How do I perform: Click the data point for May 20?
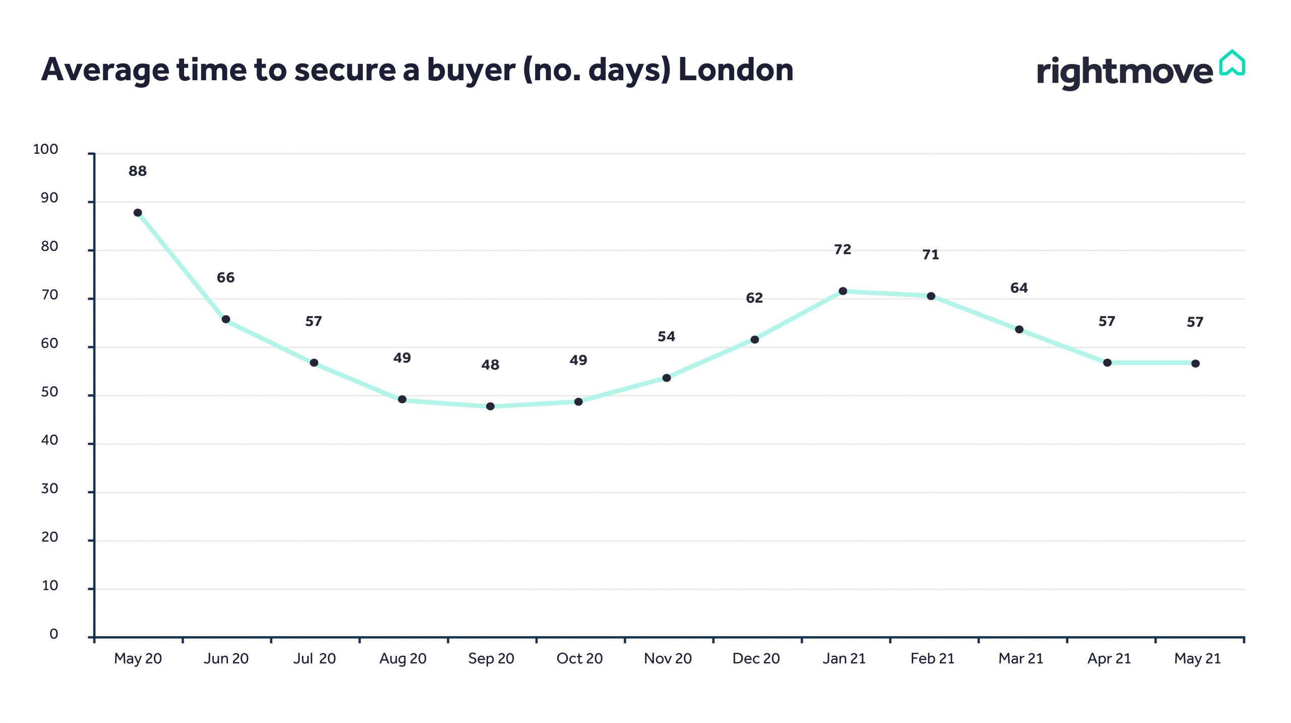point(138,213)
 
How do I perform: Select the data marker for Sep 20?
point(490,406)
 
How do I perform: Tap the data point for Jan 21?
point(843,291)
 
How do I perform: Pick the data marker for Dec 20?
point(754,340)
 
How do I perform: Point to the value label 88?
point(138,171)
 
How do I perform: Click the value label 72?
point(843,250)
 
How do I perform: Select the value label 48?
point(490,365)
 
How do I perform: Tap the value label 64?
point(1019,288)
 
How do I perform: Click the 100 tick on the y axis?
point(46,149)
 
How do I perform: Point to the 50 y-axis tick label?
point(49,392)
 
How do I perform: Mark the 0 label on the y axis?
point(53,634)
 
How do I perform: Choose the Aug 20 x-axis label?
point(402,658)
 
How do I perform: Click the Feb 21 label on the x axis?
point(932,658)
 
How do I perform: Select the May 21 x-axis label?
point(1197,658)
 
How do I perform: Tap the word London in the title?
point(736,70)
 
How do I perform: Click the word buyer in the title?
point(471,71)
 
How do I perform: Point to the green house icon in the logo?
point(1232,64)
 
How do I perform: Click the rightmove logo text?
point(1124,72)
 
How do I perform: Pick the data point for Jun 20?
point(226,319)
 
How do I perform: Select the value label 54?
point(666,337)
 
